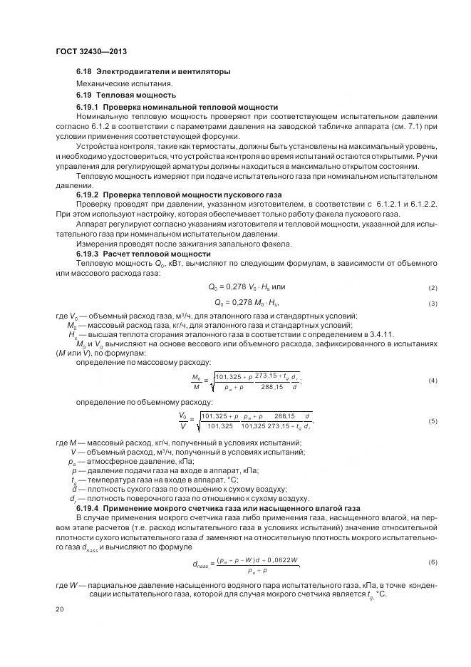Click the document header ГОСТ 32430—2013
90,52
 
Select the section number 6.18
85,72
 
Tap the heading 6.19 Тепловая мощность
126,95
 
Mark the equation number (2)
433,288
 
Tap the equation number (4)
433,381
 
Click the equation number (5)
433,421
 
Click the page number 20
60,610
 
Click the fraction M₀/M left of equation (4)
197,381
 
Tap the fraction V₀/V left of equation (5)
183,421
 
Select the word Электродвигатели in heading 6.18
129,72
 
